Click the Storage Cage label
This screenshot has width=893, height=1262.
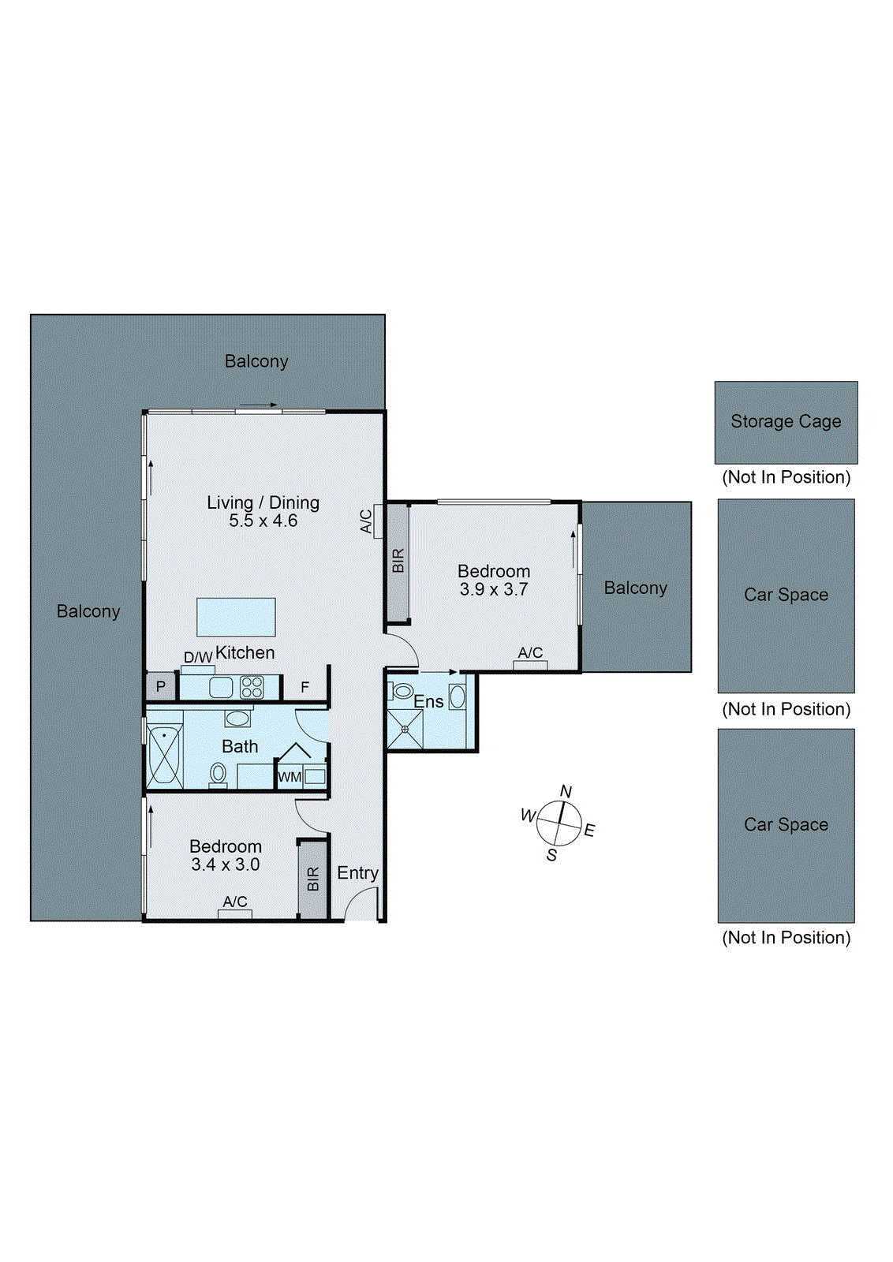click(786, 421)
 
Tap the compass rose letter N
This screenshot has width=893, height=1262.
click(566, 792)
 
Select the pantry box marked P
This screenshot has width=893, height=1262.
click(161, 687)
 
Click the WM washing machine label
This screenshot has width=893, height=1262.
click(290, 778)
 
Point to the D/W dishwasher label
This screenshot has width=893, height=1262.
click(198, 657)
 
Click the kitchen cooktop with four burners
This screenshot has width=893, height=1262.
click(252, 687)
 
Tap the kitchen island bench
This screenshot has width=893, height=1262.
click(236, 617)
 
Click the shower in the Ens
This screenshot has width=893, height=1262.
click(405, 729)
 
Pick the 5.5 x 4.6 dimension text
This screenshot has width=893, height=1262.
click(263, 520)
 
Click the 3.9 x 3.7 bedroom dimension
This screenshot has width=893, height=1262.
click(494, 589)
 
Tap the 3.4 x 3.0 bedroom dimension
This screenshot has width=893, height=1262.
click(226, 864)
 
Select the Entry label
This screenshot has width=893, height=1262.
click(358, 873)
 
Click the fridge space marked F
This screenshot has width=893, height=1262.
click(305, 687)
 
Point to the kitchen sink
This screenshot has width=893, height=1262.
click(221, 687)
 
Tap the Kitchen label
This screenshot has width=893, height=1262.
click(245, 652)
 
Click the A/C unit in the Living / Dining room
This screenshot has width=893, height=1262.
click(378, 521)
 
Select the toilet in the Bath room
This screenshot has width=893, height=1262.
click(218, 775)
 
